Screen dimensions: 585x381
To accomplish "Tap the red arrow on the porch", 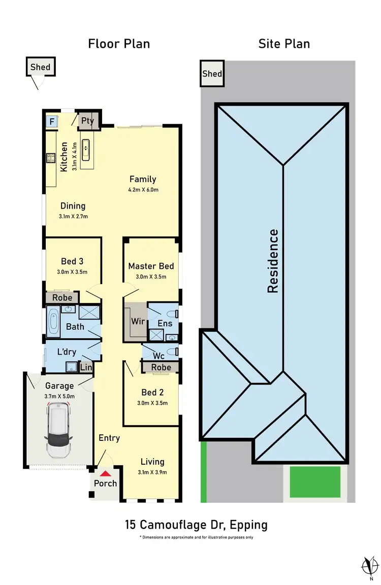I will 105,473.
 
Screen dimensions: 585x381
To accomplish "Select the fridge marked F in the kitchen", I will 51,122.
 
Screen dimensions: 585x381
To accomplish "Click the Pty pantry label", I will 88,121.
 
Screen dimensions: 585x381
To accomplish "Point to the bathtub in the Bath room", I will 54,322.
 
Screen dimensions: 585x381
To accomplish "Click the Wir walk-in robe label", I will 138,322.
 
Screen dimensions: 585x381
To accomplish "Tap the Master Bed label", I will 151,266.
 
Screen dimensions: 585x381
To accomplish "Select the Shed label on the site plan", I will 212,74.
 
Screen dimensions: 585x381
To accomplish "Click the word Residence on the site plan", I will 273,261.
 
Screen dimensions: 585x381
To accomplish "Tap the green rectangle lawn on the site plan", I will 315,482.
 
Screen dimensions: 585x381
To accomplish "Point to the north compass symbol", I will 369,564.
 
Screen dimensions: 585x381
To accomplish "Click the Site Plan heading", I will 284,44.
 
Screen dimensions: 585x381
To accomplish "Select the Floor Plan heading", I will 119,44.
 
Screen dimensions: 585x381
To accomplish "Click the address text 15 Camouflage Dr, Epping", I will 196,525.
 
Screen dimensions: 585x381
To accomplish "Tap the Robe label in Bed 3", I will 62,298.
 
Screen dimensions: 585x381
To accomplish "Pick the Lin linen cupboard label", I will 86,366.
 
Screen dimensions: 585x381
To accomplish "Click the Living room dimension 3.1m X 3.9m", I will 152,471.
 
